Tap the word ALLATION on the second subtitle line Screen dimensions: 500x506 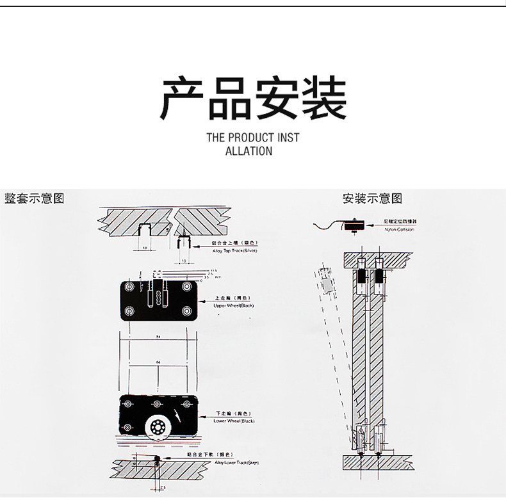tap(249, 151)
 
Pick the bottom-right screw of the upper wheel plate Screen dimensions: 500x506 tap(187, 312)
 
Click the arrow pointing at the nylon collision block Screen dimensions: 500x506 tap(370, 224)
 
